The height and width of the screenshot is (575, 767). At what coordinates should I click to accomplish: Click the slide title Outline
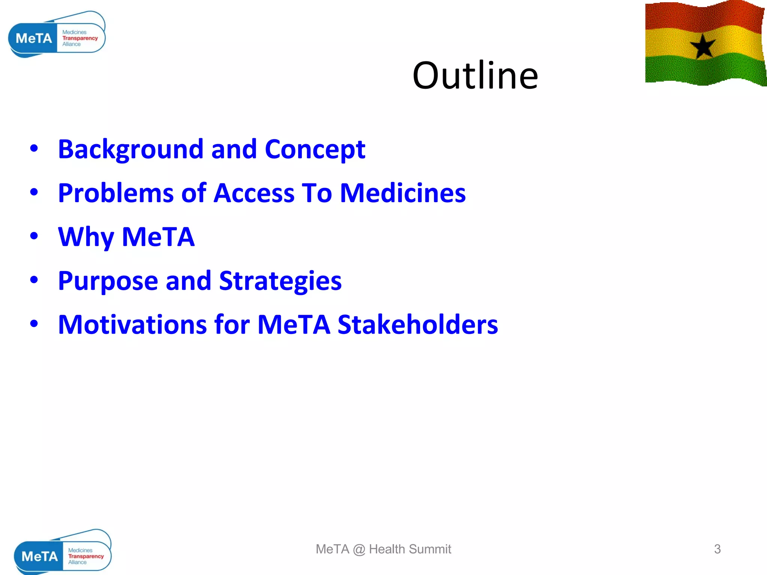pyautogui.click(x=475, y=76)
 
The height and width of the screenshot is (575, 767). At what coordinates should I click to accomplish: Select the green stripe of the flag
pyautogui.click(x=704, y=69)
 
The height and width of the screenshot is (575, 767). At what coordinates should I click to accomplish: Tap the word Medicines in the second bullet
pyautogui.click(x=403, y=193)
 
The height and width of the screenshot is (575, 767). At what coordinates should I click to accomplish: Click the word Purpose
pyautogui.click(x=108, y=281)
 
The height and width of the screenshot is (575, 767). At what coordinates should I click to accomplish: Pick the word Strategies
pyautogui.click(x=280, y=281)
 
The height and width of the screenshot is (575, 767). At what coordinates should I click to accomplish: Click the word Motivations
pyautogui.click(x=132, y=324)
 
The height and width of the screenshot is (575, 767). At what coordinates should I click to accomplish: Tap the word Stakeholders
pyautogui.click(x=418, y=324)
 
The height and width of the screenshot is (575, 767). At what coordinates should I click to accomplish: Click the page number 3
pyautogui.click(x=717, y=549)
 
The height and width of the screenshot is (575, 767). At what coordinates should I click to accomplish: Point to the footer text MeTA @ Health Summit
pyautogui.click(x=383, y=549)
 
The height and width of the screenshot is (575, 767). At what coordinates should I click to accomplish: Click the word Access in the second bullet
pyautogui.click(x=254, y=193)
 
